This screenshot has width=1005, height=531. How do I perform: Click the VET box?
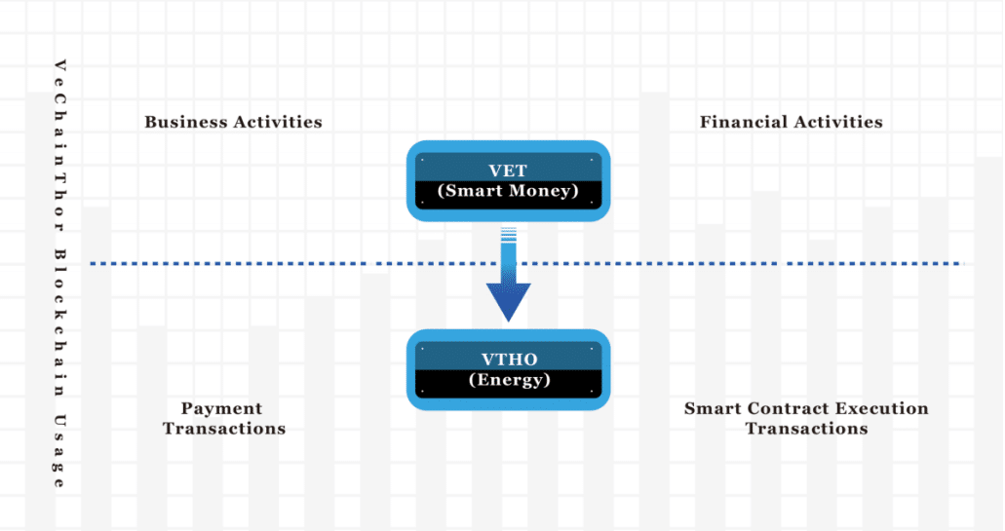click(x=508, y=180)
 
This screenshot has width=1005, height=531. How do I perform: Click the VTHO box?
click(x=508, y=369)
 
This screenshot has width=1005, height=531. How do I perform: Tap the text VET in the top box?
click(x=508, y=171)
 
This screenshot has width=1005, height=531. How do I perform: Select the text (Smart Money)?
click(x=508, y=191)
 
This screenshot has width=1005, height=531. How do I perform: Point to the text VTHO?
click(x=508, y=360)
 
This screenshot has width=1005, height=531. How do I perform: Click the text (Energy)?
click(x=508, y=380)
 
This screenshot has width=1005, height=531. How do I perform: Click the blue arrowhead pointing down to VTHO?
click(x=508, y=302)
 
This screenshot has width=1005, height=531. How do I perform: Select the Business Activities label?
click(x=233, y=122)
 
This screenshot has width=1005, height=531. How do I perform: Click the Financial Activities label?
click(x=791, y=122)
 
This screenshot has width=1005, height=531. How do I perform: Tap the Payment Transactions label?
click(x=223, y=418)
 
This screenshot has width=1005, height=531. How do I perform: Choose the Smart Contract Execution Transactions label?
click(x=806, y=418)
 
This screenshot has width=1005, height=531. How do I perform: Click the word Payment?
click(x=221, y=408)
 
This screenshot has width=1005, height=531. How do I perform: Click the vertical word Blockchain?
click(x=59, y=322)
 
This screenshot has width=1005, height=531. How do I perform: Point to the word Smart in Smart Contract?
click(x=712, y=408)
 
